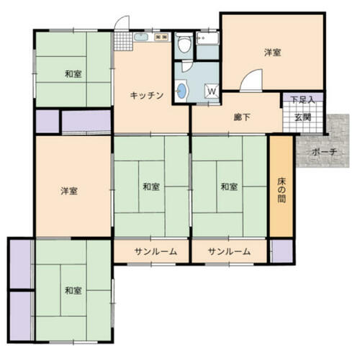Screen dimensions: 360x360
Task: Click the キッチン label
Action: [147, 96]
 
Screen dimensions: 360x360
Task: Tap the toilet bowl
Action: [184, 42]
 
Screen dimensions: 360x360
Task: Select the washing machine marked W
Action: [212, 91]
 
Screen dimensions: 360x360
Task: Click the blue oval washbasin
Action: [181, 91]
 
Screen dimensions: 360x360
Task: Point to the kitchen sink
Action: [142, 37]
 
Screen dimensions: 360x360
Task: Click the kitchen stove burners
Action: [161, 37]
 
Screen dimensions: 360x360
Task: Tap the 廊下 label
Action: [242, 117]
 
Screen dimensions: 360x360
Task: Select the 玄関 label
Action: [303, 117]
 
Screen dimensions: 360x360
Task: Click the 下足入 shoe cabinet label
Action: [302, 99]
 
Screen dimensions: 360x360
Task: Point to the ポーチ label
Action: [325, 152]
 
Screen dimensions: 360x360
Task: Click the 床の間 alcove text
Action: [282, 190]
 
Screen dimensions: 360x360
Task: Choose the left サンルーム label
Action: [156, 251]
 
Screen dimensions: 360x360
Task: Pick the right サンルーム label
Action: [229, 251]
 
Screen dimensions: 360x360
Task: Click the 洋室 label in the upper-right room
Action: [273, 53]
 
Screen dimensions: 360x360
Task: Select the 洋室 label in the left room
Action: [69, 192]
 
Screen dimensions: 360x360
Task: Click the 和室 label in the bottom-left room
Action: [73, 291]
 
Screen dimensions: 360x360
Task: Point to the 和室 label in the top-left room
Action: [73, 74]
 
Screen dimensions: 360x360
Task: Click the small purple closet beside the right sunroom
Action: [282, 251]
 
